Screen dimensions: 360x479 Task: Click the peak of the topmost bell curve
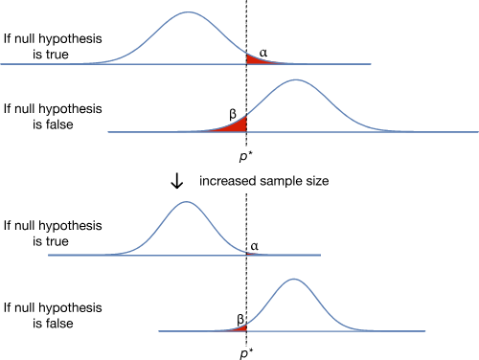[189, 12]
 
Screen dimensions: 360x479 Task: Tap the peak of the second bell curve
[295, 79]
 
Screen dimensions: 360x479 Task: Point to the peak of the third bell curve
[187, 202]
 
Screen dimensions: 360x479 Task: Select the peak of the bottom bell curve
[294, 280]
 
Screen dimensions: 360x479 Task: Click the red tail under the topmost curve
[256, 59]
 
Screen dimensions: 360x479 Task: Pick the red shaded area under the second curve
[235, 125]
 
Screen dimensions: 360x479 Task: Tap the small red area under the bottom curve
[239, 327]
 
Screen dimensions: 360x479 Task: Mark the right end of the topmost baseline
[371, 64]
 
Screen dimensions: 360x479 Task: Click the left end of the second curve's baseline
[108, 132]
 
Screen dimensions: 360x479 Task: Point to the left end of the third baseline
[49, 255]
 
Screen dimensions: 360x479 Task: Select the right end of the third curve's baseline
[320, 255]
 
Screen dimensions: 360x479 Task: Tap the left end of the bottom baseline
[159, 331]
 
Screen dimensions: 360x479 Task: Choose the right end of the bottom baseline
[425, 331]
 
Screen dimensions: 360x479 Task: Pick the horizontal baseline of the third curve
[86, 255]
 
